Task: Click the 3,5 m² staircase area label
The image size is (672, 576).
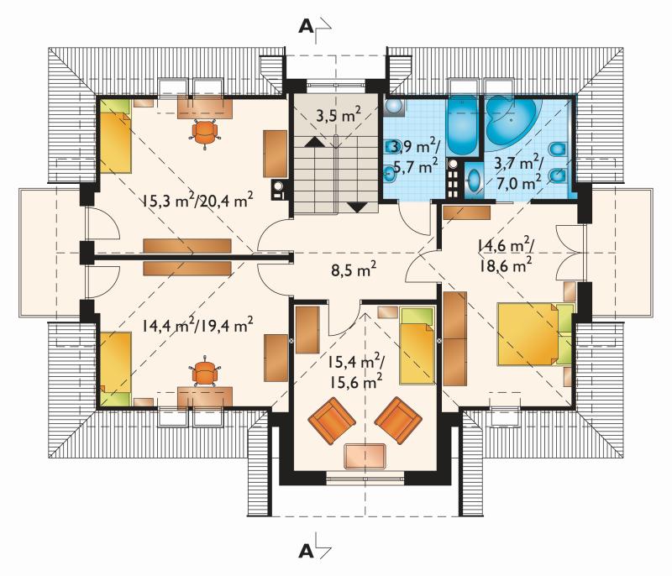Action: coord(339,115)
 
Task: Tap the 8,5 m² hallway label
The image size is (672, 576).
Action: coord(354,270)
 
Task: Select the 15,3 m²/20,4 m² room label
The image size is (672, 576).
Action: coord(197,200)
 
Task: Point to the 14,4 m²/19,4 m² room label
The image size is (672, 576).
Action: coord(197,325)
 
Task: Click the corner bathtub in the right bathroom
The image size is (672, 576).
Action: coord(512,122)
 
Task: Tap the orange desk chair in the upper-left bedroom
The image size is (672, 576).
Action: coord(204,133)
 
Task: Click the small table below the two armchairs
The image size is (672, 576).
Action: coord(365,456)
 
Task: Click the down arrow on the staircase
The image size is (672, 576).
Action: coord(358,207)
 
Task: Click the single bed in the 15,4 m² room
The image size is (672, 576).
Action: coord(417,345)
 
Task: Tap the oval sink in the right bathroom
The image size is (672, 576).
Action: coord(474,181)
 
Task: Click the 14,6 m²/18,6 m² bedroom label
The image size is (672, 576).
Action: coord(506,255)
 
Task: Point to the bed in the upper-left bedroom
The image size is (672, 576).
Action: coord(115,136)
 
